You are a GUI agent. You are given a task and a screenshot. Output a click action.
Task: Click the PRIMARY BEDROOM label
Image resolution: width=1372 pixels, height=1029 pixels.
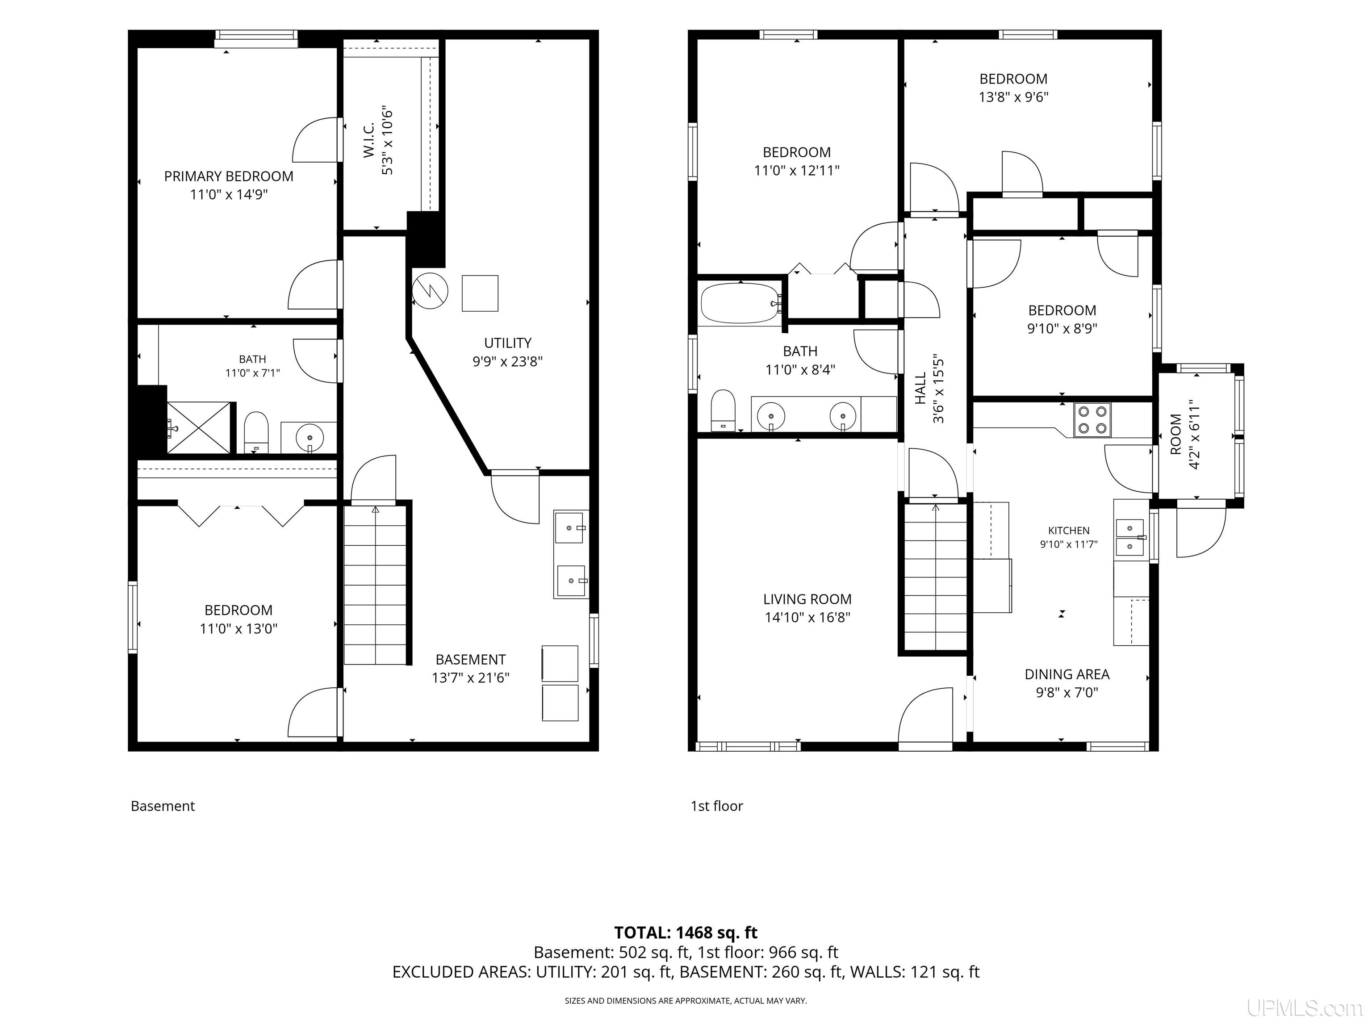point(228,176)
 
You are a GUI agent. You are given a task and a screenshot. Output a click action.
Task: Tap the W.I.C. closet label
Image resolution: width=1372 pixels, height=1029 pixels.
point(369,139)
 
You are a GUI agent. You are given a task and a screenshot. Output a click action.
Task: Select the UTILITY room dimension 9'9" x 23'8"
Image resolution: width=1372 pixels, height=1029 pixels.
point(507,361)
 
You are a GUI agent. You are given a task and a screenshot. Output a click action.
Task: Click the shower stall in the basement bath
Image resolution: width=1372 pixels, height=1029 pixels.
point(200,428)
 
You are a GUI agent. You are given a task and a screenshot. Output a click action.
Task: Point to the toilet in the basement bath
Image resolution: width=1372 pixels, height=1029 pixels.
point(255,432)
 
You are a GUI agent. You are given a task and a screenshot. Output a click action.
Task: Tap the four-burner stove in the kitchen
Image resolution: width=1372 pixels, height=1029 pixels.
point(1092,419)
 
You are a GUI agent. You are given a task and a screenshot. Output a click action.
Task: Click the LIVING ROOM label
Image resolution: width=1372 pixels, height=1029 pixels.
point(807,599)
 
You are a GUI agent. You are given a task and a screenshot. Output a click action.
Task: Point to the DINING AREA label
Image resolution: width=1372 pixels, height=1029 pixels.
point(1067,674)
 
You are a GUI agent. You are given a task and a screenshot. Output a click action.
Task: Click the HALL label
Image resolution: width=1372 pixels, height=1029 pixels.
point(920,388)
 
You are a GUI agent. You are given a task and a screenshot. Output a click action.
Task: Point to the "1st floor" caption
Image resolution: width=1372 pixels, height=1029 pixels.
point(716,806)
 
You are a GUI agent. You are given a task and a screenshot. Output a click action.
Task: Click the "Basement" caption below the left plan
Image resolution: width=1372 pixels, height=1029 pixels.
point(163,806)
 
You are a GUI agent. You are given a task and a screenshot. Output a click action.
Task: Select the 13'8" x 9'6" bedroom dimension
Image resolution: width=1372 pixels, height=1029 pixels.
point(1013,97)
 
